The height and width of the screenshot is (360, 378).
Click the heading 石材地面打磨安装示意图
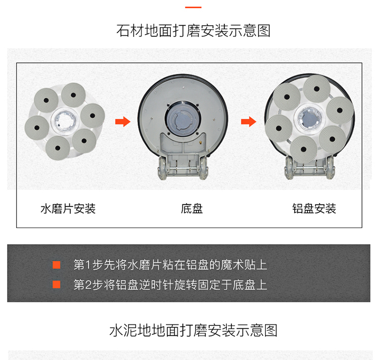pyautogui.click(x=194, y=31)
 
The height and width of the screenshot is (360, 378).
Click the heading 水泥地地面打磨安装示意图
pyautogui.click(x=194, y=330)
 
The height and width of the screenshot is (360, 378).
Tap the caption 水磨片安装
pyautogui.click(x=68, y=208)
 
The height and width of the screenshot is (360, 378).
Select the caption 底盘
pyautogui.click(x=192, y=208)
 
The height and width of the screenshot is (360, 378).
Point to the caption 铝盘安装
pyautogui.click(x=314, y=208)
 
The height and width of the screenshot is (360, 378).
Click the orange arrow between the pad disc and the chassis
pyautogui.click(x=123, y=121)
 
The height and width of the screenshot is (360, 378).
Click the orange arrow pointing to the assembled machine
pyautogui.click(x=248, y=121)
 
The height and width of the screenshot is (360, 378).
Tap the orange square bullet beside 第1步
pyautogui.click(x=56, y=265)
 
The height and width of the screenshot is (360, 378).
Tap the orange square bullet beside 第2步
pyautogui.click(x=56, y=284)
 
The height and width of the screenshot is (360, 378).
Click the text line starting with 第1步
pyautogui.click(x=170, y=265)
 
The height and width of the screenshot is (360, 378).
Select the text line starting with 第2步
pyautogui.click(x=170, y=284)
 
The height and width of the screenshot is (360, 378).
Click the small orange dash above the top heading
pyautogui.click(x=193, y=7)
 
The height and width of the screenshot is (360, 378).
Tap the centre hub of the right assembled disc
pyautogui.click(x=309, y=118)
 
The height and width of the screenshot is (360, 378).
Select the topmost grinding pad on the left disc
pyautogui.click(x=73, y=95)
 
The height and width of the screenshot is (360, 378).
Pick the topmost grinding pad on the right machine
pyautogui.click(x=317, y=89)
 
